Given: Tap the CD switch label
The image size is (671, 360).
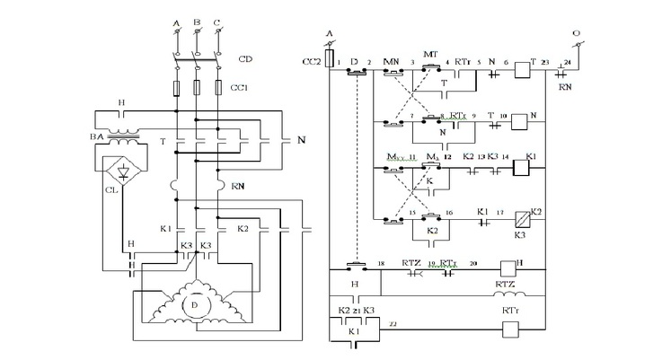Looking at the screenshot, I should [x=244, y=59].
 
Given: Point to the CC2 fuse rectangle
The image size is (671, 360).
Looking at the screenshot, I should [x=333, y=60].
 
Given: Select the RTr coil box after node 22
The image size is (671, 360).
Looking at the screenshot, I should [x=508, y=328].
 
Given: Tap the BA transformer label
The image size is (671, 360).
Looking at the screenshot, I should [x=96, y=136].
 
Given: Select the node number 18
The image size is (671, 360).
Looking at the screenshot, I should [x=381, y=264].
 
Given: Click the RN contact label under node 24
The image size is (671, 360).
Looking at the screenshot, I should [x=565, y=88].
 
